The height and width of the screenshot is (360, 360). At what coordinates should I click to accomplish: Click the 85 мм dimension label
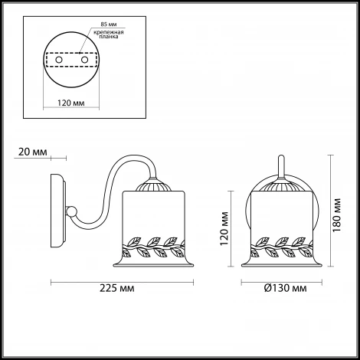109,25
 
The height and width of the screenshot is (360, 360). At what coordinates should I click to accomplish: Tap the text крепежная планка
109,34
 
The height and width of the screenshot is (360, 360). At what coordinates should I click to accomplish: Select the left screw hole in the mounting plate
59,60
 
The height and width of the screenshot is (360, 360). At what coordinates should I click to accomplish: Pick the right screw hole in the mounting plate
84,60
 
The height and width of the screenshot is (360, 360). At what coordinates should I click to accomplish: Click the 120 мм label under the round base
71,103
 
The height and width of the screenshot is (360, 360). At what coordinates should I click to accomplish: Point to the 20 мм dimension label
33,152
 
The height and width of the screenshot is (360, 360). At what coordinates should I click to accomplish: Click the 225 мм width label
116,288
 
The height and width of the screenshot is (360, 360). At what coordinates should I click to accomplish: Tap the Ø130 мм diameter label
286,288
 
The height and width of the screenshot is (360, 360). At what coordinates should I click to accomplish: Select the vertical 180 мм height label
337,215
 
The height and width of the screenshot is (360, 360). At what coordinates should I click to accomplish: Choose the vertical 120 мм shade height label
224,228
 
